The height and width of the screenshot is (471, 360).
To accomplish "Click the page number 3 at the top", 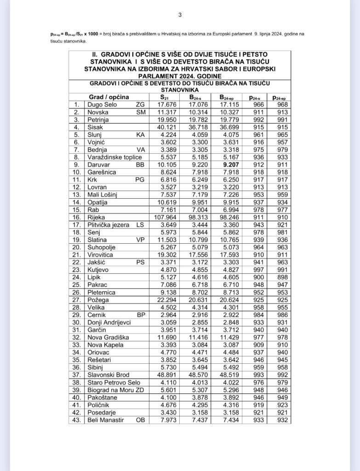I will (x=180, y=15).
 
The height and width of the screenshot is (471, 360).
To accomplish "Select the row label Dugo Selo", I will (x=102, y=105).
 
